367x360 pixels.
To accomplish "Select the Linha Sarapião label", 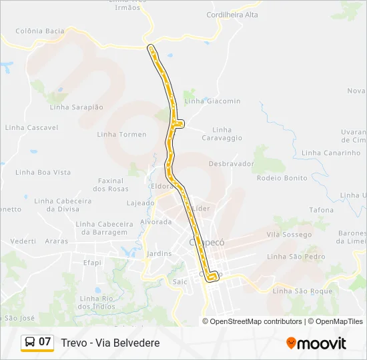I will (x=77, y=107).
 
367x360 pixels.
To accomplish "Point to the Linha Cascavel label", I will (x=31, y=127).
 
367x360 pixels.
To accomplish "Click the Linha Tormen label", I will (x=121, y=134).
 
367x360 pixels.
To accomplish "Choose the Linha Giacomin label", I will (x=213, y=101).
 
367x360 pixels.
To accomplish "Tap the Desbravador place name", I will (x=232, y=163).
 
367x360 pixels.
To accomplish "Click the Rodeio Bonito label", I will (x=282, y=178).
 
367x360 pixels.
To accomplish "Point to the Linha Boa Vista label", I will (x=45, y=172).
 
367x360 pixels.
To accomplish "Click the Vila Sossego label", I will (x=289, y=234).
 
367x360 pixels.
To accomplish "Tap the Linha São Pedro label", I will (x=296, y=257).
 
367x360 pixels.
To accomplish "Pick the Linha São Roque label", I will (x=302, y=291).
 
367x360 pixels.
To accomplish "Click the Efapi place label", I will (x=92, y=263).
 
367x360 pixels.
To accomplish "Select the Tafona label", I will (x=321, y=210).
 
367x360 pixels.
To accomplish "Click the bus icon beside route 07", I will (x=30, y=342).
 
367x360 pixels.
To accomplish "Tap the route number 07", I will (x=45, y=342).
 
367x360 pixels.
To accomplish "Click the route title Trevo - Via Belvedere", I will (x=110, y=343).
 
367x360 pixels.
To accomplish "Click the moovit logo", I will (x=316, y=343).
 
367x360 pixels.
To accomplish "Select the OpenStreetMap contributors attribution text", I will (x=256, y=321).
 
